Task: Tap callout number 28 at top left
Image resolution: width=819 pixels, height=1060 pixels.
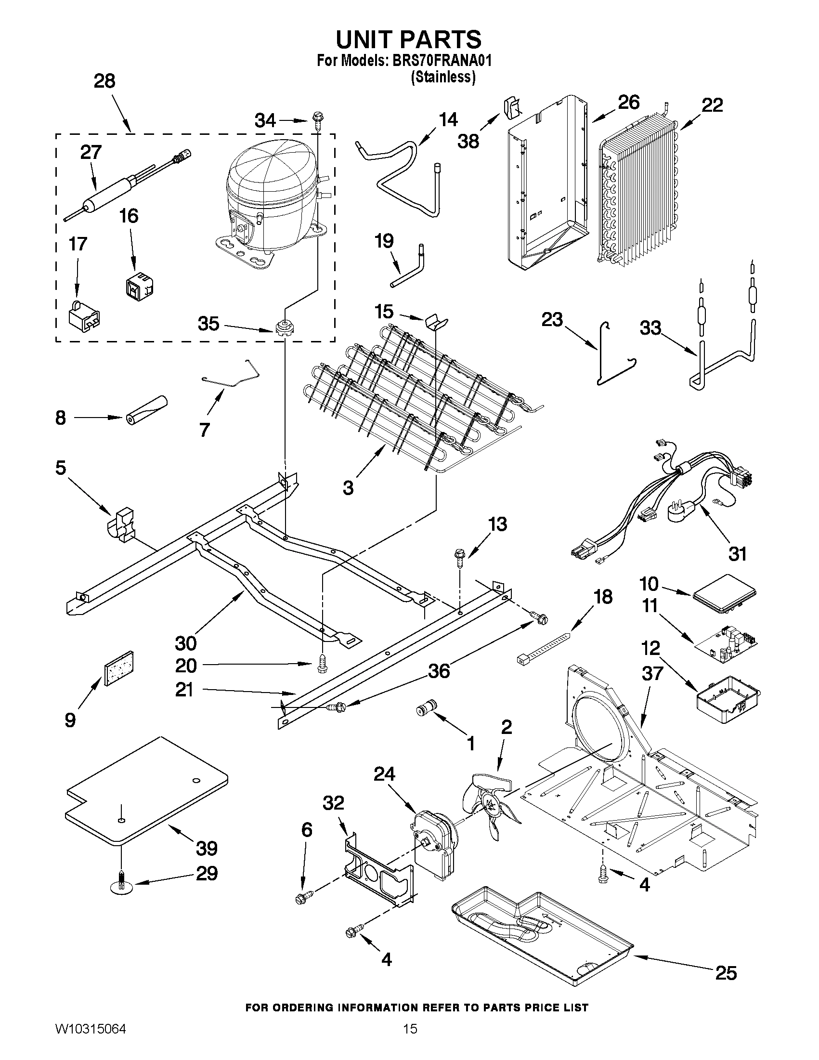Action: coord(104,81)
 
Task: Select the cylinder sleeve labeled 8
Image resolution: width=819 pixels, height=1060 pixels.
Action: coord(145,411)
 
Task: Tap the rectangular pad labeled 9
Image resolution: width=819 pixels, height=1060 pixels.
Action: coord(118,669)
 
